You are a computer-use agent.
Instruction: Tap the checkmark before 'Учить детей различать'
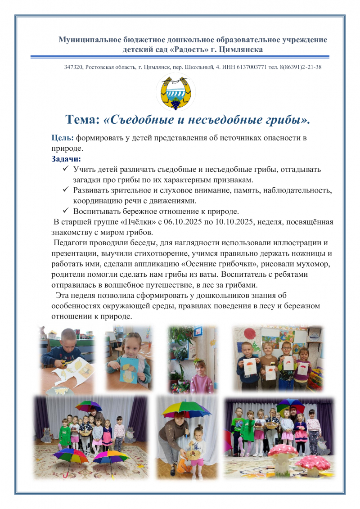(x=66, y=169)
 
